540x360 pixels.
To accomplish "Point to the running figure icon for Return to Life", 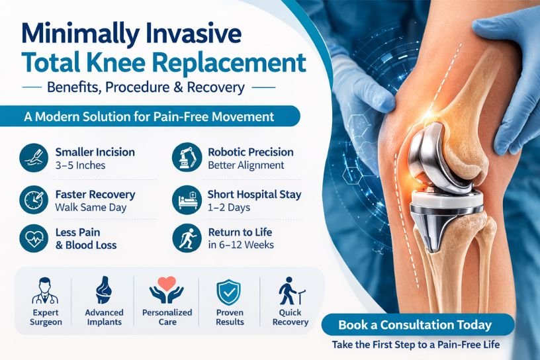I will (x=185, y=238).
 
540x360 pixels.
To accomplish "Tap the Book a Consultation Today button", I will (x=415, y=325).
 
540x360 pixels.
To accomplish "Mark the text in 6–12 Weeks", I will (x=241, y=245).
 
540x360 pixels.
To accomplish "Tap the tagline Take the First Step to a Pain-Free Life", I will (x=415, y=345).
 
